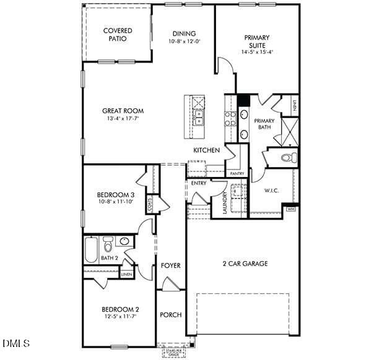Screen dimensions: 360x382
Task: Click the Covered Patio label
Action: [117, 34]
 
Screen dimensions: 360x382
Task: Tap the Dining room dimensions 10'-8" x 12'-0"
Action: [184, 42]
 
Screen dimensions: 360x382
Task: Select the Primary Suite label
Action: [256, 41]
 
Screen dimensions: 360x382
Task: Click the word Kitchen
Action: [206, 150]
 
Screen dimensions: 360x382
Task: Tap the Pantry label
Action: [237, 174]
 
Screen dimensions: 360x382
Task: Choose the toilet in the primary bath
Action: [289, 158]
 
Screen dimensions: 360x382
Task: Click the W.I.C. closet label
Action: [272, 191]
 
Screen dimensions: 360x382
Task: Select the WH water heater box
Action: [290, 210]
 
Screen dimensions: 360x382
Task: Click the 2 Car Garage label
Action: [245, 264]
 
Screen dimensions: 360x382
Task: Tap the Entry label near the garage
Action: [199, 183]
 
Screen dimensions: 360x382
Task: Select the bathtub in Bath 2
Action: [91, 249]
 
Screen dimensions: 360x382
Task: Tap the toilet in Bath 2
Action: [108, 244]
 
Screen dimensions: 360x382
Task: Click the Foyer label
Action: [171, 265]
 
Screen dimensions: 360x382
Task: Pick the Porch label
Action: [171, 315]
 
